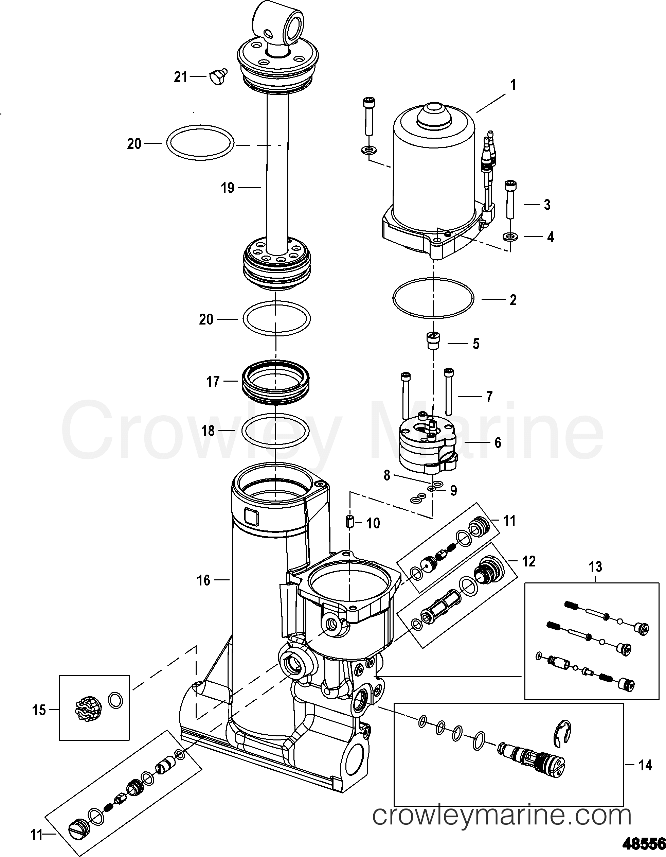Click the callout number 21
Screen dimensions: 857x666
pyautogui.click(x=181, y=77)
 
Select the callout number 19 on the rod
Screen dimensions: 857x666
pyautogui.click(x=228, y=188)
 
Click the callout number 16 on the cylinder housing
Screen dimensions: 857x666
pyautogui.click(x=203, y=580)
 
